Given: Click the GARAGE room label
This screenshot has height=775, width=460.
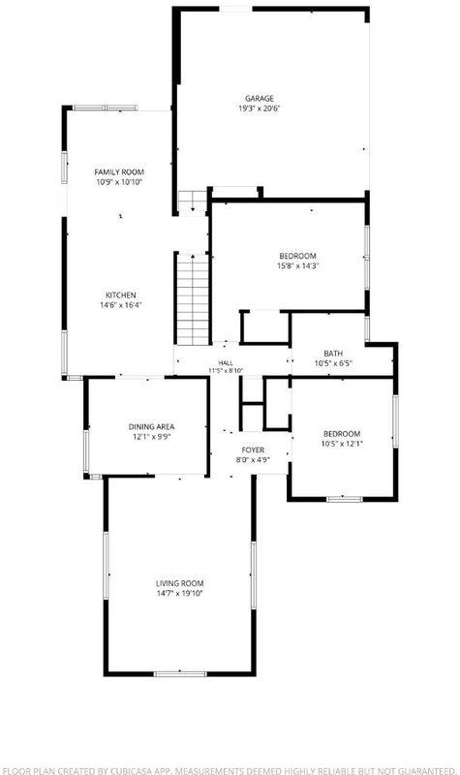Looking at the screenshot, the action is (x=260, y=99).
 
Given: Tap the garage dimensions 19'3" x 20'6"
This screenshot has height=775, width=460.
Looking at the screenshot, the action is (x=260, y=108).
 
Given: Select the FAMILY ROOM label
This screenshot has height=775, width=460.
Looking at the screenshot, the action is (x=119, y=172).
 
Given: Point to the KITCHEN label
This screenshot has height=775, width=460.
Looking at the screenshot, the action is (x=120, y=295).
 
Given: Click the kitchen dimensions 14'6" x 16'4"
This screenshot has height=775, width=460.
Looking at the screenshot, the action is (x=120, y=305).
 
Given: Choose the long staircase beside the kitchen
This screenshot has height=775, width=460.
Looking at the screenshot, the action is (x=193, y=299).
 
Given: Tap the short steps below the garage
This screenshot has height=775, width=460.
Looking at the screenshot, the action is (x=192, y=201).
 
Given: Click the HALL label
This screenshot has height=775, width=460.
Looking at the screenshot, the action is (x=226, y=362).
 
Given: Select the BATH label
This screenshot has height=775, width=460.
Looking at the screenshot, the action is (x=333, y=354).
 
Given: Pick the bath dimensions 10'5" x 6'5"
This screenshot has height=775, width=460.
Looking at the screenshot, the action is (x=333, y=363).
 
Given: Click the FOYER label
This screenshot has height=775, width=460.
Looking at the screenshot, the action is (x=253, y=449).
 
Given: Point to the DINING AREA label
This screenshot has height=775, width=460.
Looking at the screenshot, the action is (x=151, y=426).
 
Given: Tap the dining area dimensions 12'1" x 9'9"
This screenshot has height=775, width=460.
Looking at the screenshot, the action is (x=151, y=437).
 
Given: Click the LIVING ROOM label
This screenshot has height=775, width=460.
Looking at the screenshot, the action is (x=180, y=583).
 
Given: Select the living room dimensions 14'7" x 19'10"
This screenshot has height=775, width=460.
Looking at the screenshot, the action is (x=180, y=593).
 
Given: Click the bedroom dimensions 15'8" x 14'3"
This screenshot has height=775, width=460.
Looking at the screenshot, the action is (x=297, y=265).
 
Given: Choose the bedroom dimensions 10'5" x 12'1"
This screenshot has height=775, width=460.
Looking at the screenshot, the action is (x=342, y=444).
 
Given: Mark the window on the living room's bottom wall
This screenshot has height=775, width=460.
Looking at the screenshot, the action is (x=180, y=673).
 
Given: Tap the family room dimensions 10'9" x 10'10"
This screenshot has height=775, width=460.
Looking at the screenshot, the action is (x=119, y=182).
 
